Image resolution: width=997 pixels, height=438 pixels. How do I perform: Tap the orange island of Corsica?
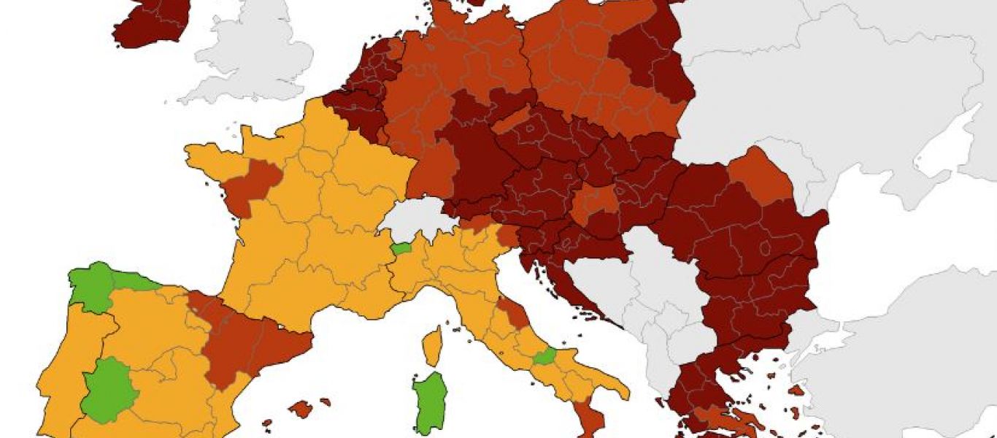(x=433, y=346)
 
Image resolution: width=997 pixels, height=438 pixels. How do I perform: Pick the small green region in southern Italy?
(x=544, y=357)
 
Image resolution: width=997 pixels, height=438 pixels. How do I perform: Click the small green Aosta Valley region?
(x=401, y=249)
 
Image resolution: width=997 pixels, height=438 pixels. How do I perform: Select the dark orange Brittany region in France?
(x=252, y=182)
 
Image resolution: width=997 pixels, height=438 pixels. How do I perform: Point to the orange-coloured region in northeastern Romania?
(x=759, y=175)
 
